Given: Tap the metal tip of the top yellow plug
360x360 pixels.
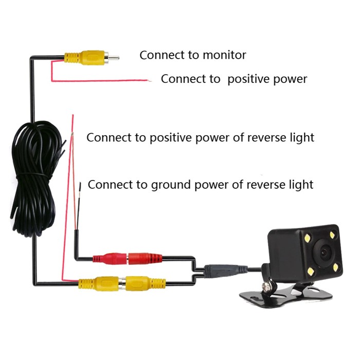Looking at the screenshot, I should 114,57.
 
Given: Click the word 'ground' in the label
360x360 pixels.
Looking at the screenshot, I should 171,184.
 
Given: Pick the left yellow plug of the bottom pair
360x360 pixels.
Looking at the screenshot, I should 98,282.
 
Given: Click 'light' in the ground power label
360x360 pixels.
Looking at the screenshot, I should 300,184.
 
